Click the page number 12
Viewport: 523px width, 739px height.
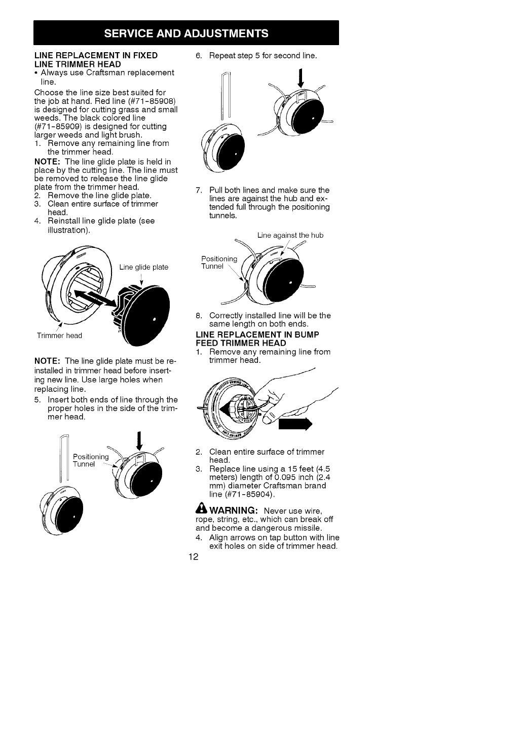pos(193,557)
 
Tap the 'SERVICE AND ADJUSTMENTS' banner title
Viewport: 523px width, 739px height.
pos(186,33)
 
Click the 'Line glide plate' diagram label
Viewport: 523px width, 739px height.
pos(144,267)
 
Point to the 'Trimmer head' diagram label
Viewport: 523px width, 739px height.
pos(59,336)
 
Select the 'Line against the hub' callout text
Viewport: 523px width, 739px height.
pos(290,235)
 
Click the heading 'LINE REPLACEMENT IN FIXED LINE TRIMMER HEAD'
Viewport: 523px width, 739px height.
pos(96,59)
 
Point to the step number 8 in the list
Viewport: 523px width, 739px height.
pos(198,315)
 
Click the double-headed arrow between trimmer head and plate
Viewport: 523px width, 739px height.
pos(95,300)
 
